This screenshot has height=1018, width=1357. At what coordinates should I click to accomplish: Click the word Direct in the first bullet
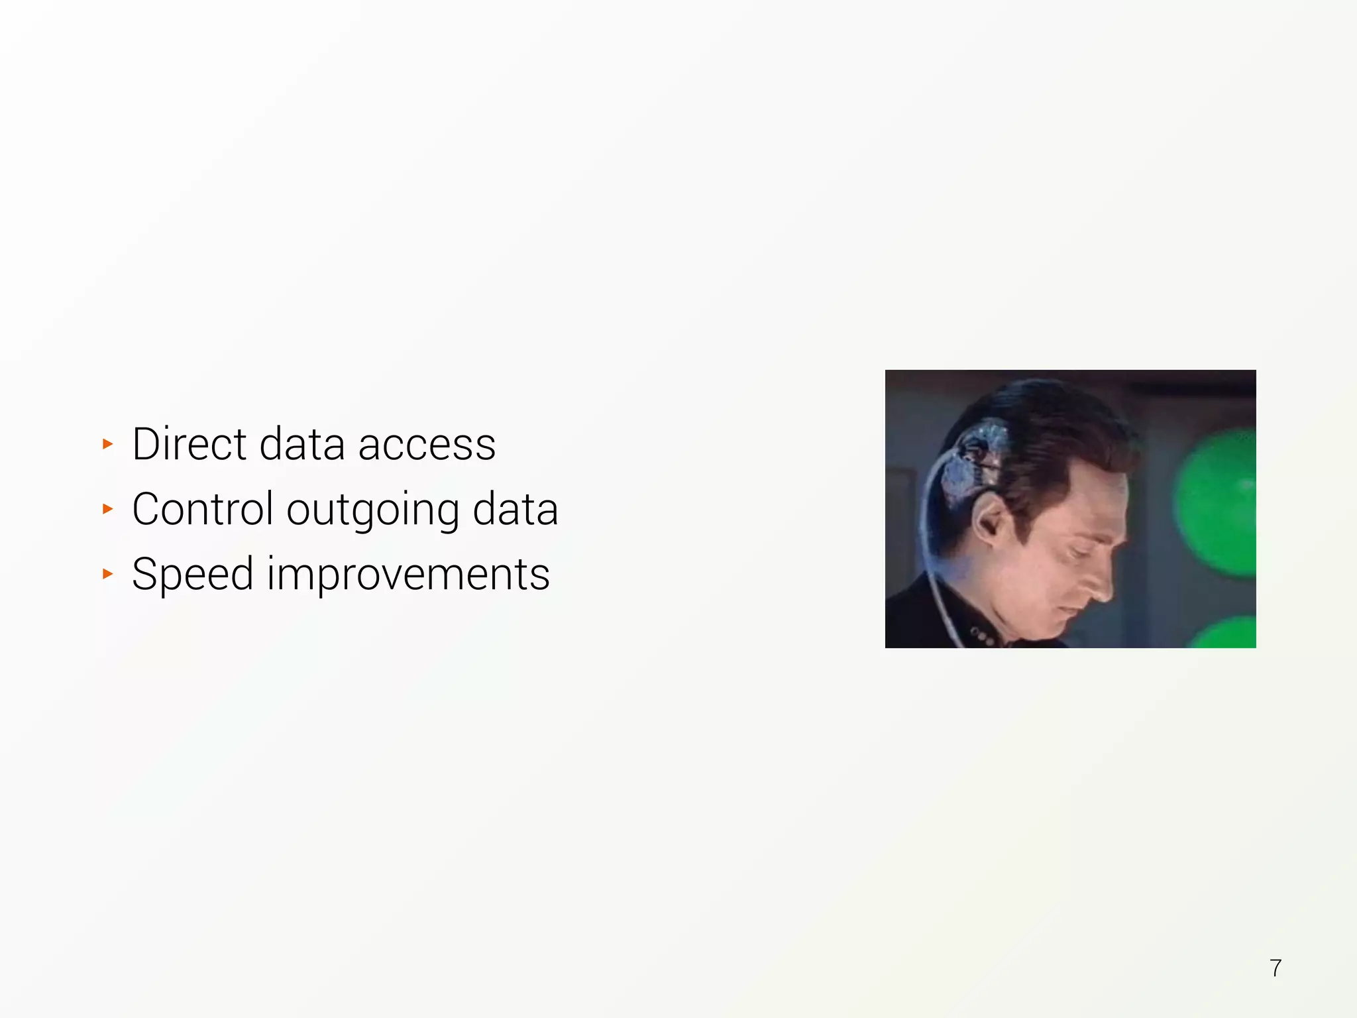188,444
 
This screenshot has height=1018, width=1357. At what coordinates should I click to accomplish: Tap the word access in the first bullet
427,444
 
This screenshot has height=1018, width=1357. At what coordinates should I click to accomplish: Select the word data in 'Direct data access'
302,444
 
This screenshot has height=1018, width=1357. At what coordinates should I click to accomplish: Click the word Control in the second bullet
202,509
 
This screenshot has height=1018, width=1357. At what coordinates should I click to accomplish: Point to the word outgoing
372,510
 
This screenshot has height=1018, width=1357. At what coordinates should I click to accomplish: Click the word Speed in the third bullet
192,574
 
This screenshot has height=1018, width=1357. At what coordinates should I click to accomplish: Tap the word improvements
408,574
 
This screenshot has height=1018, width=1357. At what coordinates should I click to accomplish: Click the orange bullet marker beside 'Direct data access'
108,444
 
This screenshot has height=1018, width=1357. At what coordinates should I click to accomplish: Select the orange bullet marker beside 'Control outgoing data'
108,509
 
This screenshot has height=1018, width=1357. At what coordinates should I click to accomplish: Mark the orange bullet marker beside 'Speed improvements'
108,573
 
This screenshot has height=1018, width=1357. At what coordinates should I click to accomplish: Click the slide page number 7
1276,968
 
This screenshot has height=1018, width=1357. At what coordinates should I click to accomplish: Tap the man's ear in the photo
990,521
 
